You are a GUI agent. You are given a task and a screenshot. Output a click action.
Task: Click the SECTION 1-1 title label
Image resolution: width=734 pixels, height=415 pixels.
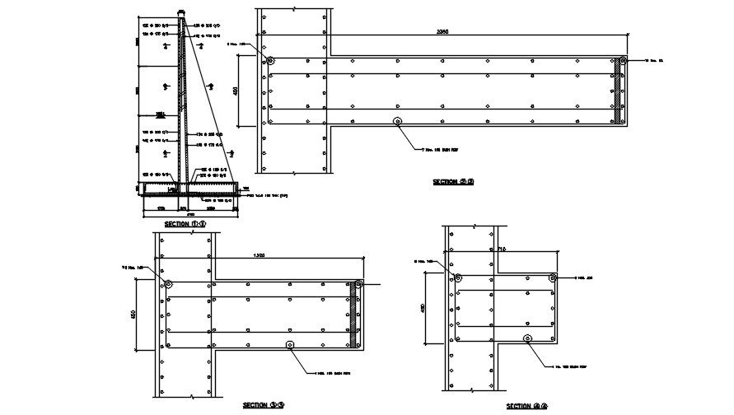(x=185, y=224)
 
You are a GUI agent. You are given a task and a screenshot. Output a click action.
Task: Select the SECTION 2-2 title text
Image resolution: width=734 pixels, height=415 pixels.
(x=453, y=181)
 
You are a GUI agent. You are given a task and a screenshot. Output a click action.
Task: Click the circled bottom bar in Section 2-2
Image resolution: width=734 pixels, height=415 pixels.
(x=398, y=122)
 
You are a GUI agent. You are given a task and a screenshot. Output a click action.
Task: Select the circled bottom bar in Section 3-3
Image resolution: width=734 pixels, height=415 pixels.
(x=288, y=344)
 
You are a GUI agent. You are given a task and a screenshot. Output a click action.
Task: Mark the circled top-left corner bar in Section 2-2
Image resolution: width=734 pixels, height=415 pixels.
(x=271, y=60)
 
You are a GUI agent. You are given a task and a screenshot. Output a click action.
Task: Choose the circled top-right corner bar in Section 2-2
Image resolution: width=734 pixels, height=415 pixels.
(x=623, y=60)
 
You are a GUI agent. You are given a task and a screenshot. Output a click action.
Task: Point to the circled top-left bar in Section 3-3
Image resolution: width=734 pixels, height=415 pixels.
(x=167, y=284)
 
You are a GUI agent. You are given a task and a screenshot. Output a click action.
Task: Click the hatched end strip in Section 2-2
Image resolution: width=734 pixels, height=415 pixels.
(x=619, y=91)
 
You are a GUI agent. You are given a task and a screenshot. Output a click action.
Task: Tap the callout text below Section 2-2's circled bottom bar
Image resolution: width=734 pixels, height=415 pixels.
(x=438, y=152)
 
